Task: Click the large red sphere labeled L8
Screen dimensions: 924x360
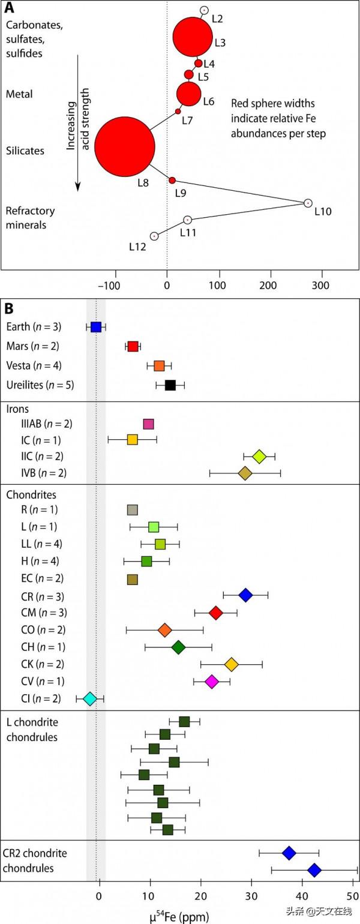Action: [125, 146]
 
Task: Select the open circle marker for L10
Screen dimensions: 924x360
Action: [308, 203]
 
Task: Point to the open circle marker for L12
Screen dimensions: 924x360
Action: [154, 236]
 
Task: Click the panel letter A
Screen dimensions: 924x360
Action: [10, 8]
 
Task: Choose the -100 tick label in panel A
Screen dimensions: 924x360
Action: [113, 283]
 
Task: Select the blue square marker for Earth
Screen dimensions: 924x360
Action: [95, 327]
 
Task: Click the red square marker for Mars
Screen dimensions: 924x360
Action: [133, 346]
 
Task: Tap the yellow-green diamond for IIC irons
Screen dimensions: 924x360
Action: [259, 457]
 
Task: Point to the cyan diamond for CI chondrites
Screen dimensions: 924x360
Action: [90, 698]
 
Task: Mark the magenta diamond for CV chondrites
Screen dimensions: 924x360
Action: [211, 682]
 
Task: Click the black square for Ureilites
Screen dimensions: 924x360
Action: [170, 385]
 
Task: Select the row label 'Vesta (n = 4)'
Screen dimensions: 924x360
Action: [34, 365]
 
